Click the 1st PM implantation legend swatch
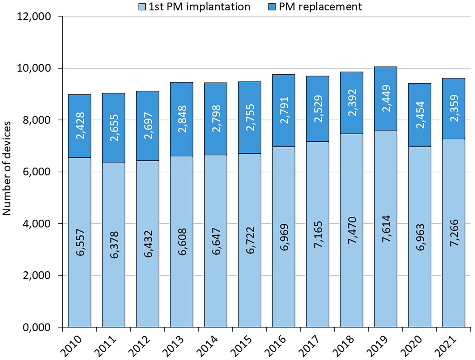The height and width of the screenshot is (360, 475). tap(142, 7)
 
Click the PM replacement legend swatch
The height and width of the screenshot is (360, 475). tap(272, 7)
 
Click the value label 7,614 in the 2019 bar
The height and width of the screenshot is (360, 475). tap(386, 229)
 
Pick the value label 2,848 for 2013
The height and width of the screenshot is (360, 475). tap(182, 119)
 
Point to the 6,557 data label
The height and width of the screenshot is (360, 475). tap(80, 242)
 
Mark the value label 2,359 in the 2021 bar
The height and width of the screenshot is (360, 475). tap(454, 108)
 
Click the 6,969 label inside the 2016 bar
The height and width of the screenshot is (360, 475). tap(284, 237)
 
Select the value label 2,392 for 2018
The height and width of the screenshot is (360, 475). tap(352, 103)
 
